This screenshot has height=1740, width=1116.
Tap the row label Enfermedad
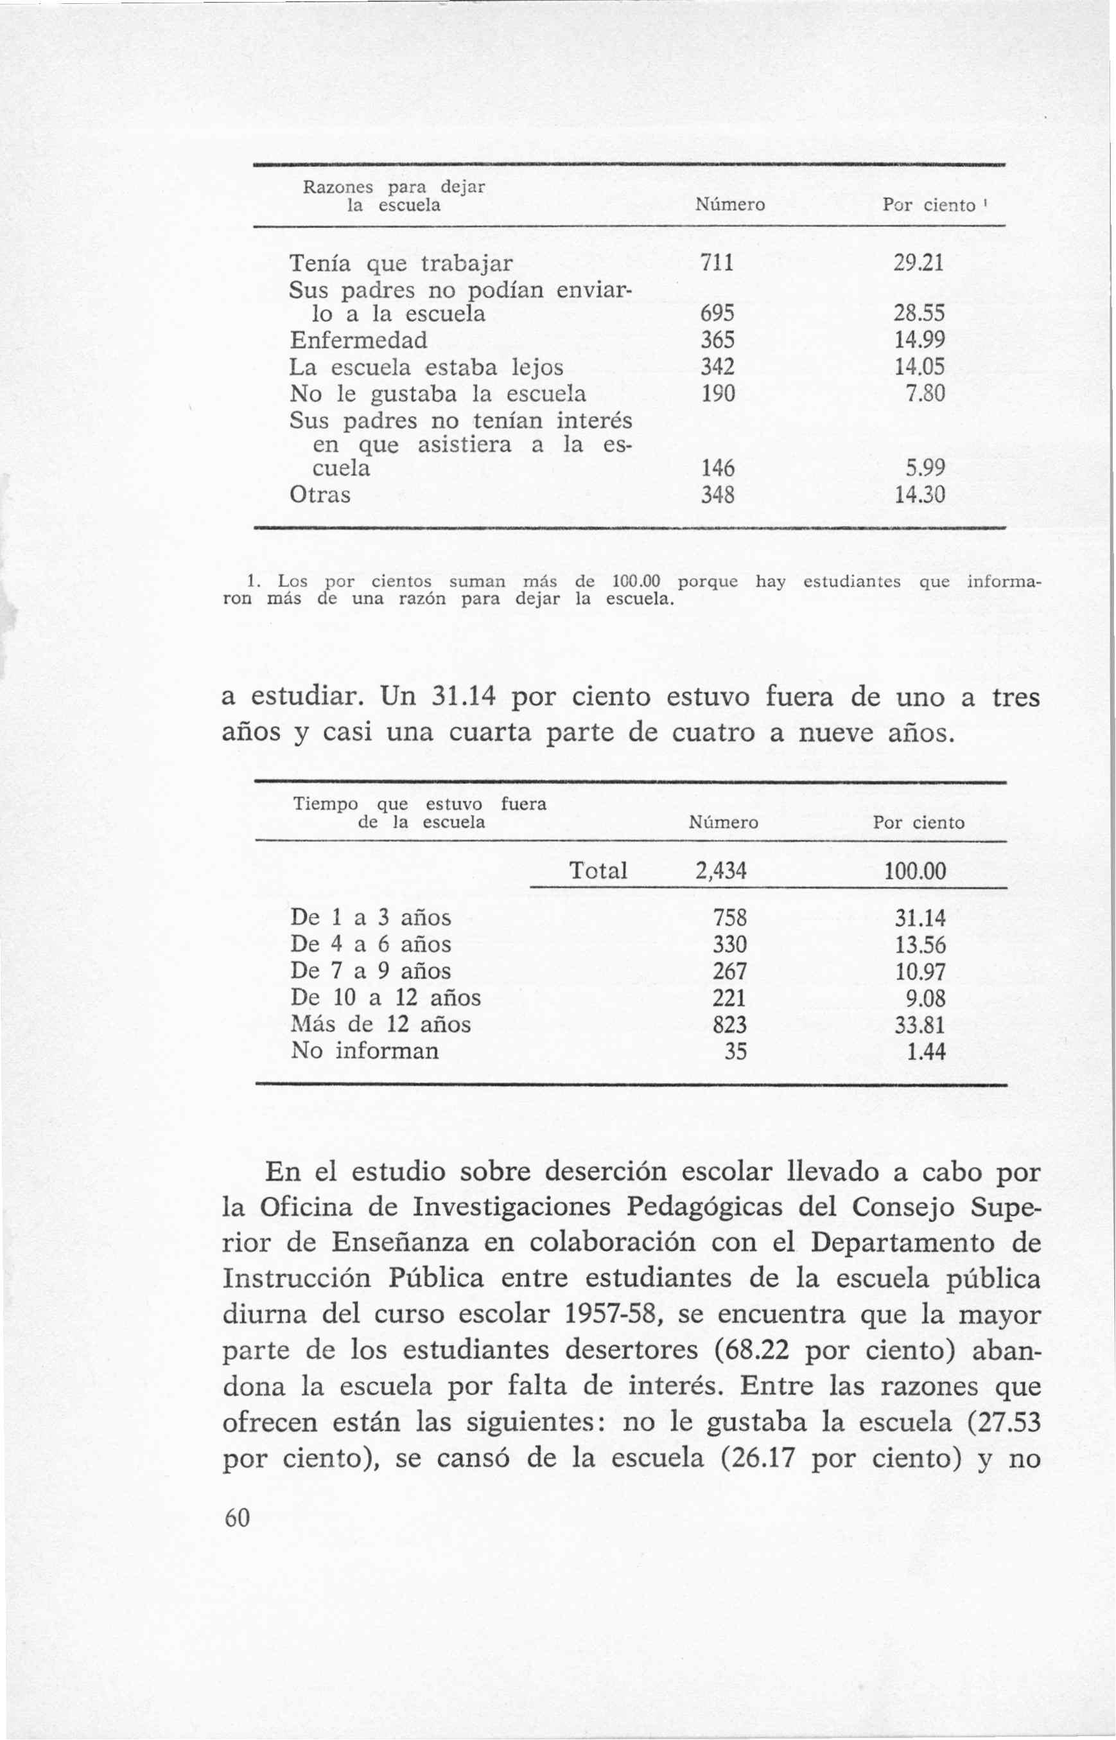tap(358, 340)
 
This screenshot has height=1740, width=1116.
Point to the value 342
tap(717, 367)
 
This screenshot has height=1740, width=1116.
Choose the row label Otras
tap(320, 495)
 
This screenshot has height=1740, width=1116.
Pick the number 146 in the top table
tap(717, 468)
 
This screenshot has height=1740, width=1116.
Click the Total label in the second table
tap(598, 870)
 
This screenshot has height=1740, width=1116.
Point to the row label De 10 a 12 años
tap(385, 998)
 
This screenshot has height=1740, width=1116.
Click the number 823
tap(729, 1025)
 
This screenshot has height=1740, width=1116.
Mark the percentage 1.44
tap(926, 1051)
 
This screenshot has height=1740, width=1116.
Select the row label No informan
tap(365, 1051)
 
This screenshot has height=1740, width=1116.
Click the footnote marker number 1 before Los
tap(252, 581)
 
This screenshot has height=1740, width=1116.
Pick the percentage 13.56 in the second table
tap(920, 945)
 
